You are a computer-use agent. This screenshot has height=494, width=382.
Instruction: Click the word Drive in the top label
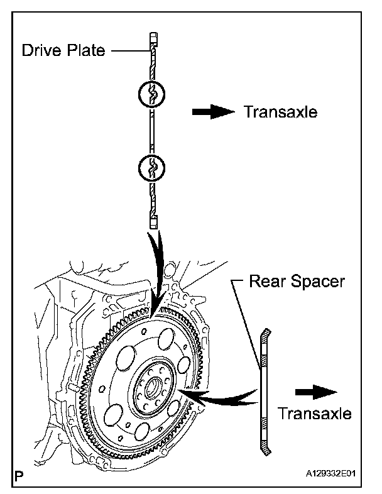tap(41, 50)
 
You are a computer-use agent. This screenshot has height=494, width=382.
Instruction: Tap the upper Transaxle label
tap(281, 112)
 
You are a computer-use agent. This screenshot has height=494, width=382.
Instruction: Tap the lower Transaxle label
tap(315, 414)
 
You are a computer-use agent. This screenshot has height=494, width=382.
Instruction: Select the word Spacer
tap(317, 282)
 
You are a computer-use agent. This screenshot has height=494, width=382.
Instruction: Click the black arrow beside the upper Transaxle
tap(214, 111)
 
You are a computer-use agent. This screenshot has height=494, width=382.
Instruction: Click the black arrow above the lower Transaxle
tap(316, 392)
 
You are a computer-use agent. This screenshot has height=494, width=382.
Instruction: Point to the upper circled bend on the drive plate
tap(151, 94)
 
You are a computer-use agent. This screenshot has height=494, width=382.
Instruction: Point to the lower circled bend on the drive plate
tap(151, 167)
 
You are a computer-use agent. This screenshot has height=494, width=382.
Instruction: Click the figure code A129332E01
tap(330, 473)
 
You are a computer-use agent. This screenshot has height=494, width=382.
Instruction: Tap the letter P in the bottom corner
tap(19, 475)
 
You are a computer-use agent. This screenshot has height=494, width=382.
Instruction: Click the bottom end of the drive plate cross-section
tap(153, 228)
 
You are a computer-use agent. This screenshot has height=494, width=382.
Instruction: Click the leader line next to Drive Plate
tap(131, 50)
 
